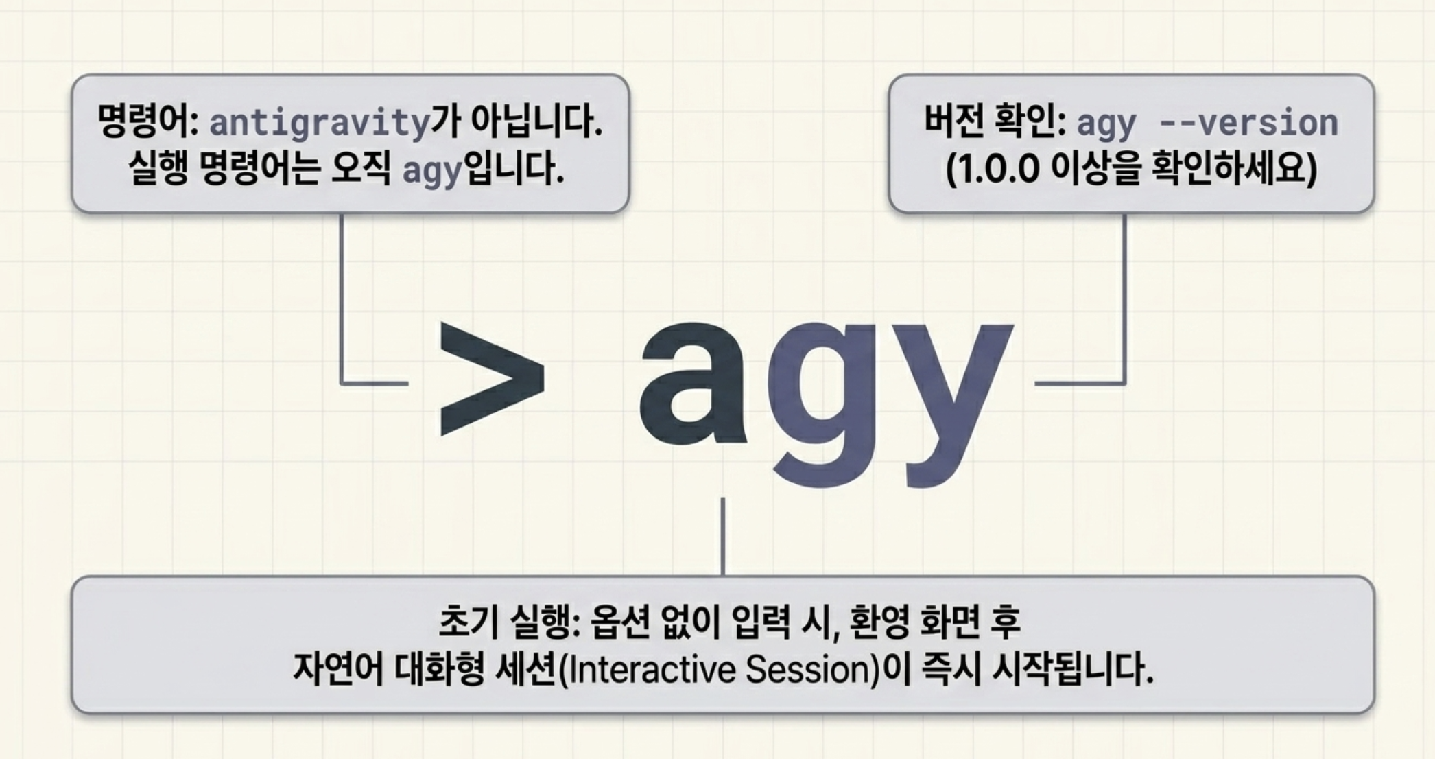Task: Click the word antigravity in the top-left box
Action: (x=319, y=124)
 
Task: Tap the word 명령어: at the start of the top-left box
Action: (x=147, y=121)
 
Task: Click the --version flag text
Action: (x=1248, y=124)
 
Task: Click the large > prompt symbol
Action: (x=492, y=378)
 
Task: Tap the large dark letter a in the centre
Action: (x=692, y=382)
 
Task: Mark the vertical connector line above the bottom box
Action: (x=723, y=537)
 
